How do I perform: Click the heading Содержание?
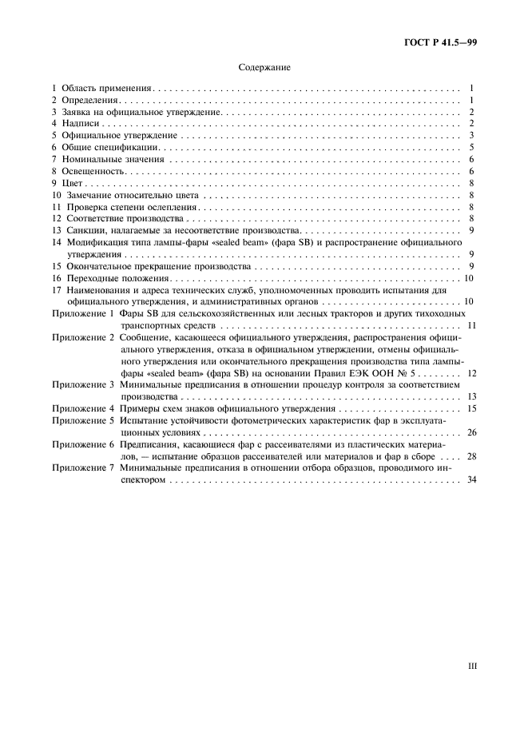(264, 68)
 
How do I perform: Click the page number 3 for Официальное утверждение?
(473, 135)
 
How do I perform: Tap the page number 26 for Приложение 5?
(470, 432)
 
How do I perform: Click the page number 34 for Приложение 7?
(470, 479)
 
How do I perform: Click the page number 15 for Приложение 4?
(470, 408)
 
